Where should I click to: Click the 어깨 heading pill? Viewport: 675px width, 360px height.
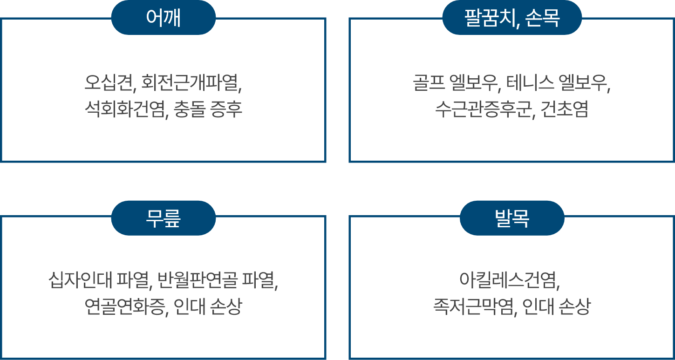pos(163,18)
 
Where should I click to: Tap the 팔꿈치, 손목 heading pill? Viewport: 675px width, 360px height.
pos(512,18)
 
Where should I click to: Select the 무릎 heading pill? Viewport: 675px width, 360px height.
pos(163,218)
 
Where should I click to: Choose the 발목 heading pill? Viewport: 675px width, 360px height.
pos(512,218)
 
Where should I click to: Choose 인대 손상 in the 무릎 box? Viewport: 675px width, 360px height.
pos(208,307)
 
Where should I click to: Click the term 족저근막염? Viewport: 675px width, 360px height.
pos(473,307)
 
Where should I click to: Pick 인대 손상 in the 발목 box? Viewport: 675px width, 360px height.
pos(556,307)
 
